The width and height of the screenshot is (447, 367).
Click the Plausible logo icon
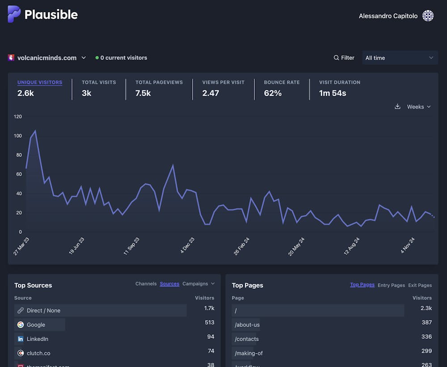[x=14, y=14]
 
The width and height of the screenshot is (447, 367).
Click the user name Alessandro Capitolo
[x=388, y=16]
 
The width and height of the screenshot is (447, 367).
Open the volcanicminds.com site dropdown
[x=47, y=58]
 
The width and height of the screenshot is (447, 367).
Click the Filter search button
[x=344, y=58]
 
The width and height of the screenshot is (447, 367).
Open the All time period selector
[x=400, y=58]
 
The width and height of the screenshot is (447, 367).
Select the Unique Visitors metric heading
[x=40, y=82]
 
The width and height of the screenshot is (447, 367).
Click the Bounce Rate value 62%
[x=273, y=93]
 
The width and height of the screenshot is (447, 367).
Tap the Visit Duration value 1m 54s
[x=333, y=93]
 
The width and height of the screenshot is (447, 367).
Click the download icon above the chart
[x=397, y=107]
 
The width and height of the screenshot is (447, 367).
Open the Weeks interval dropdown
[x=419, y=107]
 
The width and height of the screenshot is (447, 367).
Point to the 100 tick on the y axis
[x=18, y=136]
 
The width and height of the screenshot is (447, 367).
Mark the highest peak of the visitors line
[x=35, y=131]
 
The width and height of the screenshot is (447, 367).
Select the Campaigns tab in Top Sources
[x=195, y=284]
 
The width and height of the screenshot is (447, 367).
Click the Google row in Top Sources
[x=36, y=325]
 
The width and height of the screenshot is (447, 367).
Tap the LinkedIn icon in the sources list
[x=21, y=339]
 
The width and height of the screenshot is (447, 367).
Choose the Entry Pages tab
[x=391, y=285]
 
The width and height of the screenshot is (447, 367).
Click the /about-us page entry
[x=247, y=325]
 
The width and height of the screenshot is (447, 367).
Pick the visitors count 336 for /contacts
[x=426, y=337]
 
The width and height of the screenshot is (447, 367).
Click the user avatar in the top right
[x=428, y=16]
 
